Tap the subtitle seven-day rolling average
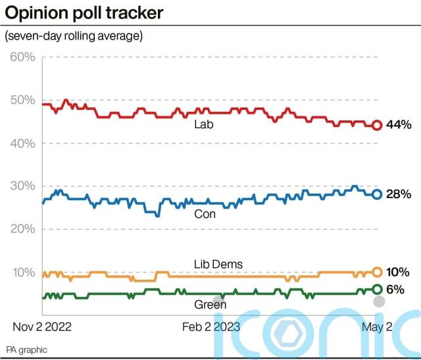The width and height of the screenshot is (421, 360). (73, 36)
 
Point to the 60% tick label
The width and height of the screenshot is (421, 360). (22, 57)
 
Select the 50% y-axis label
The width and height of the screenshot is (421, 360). (22, 100)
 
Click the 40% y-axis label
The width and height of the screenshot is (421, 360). (22, 143)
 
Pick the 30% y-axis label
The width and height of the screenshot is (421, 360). (22, 186)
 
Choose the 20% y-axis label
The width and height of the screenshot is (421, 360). (22, 229)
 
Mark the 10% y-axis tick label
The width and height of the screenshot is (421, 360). (22, 272)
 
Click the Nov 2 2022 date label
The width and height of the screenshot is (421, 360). (43, 326)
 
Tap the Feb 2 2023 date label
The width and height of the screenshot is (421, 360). (211, 326)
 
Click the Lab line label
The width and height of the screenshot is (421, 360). (204, 124)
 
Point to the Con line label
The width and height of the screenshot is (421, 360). (205, 214)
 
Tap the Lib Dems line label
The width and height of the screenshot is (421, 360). (218, 264)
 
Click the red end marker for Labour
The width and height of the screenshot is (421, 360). (377, 125)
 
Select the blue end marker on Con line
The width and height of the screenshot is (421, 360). (377, 193)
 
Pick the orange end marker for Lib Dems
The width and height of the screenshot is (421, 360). (377, 271)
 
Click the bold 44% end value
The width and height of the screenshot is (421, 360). (398, 125)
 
